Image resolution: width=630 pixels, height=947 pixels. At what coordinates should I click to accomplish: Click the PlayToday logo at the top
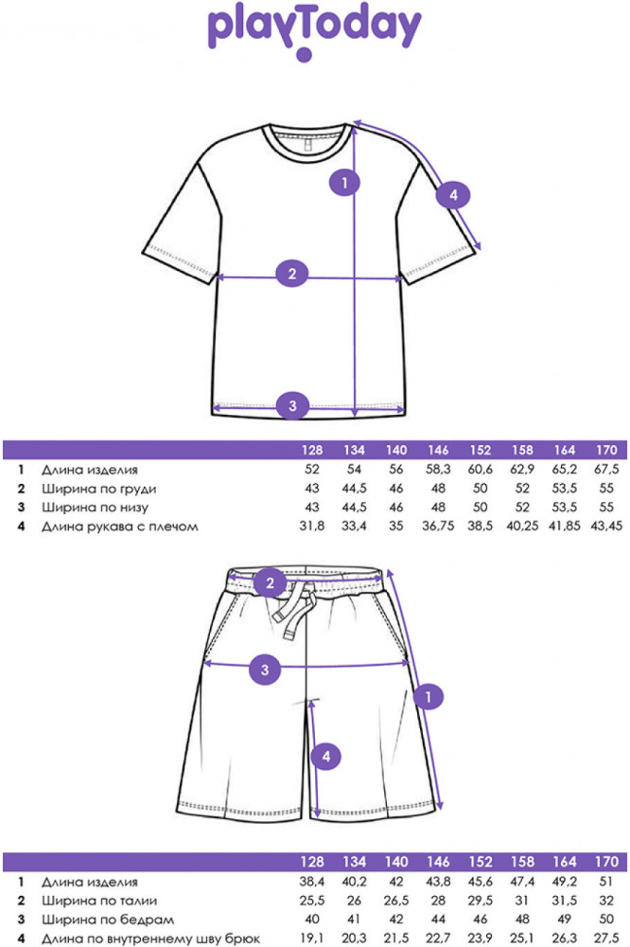314,30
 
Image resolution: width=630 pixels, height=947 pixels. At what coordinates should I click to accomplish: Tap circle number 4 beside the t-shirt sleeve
453,196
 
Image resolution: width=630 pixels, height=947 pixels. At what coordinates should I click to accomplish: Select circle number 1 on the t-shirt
345,181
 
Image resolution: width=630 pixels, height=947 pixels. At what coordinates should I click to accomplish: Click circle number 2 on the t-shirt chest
292,275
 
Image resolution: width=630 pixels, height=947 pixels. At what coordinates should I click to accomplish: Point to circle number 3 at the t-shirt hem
292,406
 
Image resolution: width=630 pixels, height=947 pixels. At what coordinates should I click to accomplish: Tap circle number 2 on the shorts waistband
270,582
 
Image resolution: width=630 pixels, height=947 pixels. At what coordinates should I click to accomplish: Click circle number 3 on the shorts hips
266,670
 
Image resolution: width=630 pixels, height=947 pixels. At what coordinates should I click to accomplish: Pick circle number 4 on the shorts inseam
326,757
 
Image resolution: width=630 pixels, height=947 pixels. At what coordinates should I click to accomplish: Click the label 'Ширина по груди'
98,489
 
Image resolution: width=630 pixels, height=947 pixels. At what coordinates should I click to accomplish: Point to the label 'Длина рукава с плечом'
119,527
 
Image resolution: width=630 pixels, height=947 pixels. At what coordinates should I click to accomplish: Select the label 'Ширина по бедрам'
100,920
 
